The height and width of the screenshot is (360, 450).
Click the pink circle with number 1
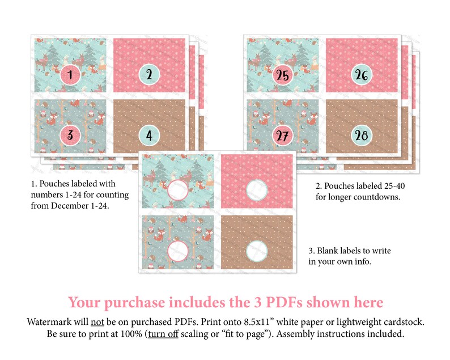click(70, 75)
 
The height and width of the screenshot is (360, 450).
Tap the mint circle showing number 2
click(149, 75)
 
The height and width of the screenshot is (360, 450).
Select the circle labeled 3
click(70, 135)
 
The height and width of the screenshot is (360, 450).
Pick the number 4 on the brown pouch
click(149, 135)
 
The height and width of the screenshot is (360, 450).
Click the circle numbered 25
click(283, 75)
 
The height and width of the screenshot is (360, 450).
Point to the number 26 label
click(362, 75)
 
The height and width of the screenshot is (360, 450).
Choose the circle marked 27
click(283, 135)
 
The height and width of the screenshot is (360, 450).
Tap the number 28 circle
click(362, 135)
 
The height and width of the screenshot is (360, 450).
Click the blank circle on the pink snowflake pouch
click(257, 190)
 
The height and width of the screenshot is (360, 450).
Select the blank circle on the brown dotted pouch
click(257, 251)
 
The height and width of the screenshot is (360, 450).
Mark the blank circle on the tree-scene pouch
click(177, 190)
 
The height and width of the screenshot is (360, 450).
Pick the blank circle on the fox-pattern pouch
click(177, 251)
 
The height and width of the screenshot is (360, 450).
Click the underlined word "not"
click(97, 322)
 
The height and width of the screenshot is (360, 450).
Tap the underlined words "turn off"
click(163, 334)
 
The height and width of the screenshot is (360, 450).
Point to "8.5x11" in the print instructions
click(259, 322)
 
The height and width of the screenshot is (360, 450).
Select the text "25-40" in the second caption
click(394, 186)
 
